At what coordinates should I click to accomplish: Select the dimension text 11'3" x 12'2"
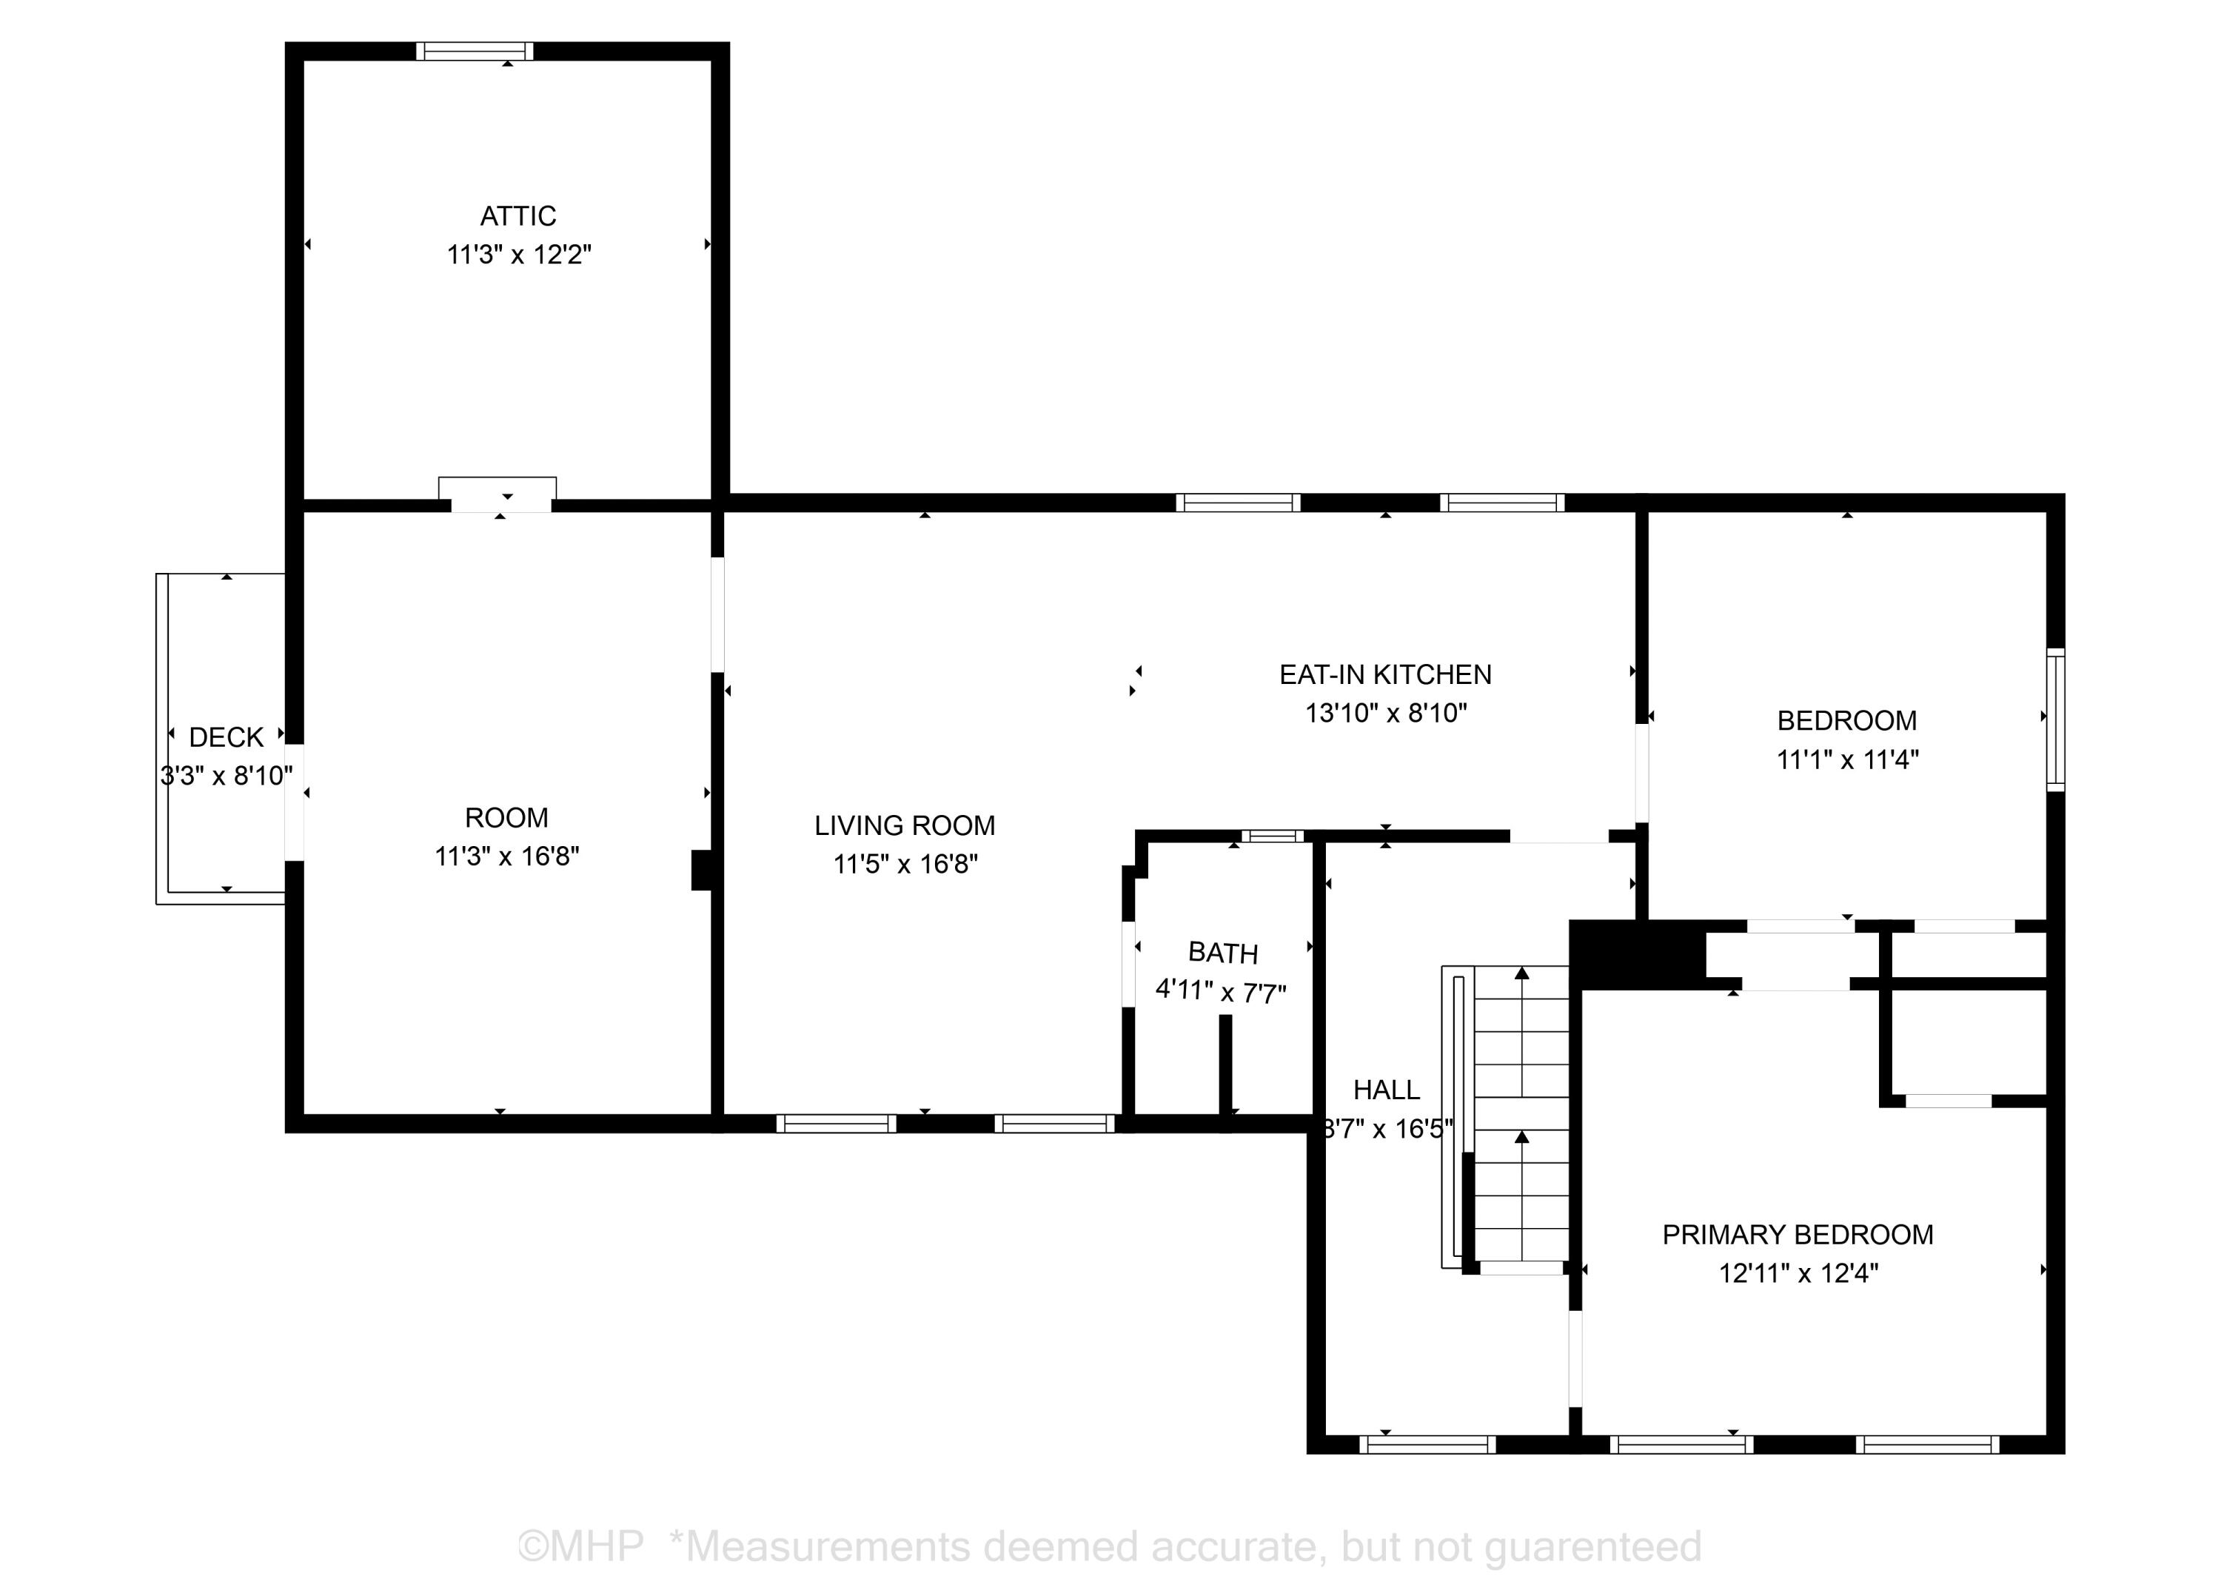coord(519,255)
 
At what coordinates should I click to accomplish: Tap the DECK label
coord(227,737)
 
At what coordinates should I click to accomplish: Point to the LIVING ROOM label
coord(904,826)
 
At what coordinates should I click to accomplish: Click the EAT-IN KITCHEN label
coord(1384,674)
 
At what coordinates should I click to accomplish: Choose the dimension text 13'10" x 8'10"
coord(1384,714)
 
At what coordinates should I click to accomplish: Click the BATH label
coord(1222,953)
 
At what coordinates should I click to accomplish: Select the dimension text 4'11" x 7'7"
coord(1220,992)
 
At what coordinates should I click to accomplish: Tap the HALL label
coord(1386,1090)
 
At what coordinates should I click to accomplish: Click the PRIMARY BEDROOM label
coord(1797,1235)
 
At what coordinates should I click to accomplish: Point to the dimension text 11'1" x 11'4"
coord(1847,759)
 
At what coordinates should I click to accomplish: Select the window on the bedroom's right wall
coord(2055,719)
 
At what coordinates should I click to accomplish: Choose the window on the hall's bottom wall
coord(1427,1444)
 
